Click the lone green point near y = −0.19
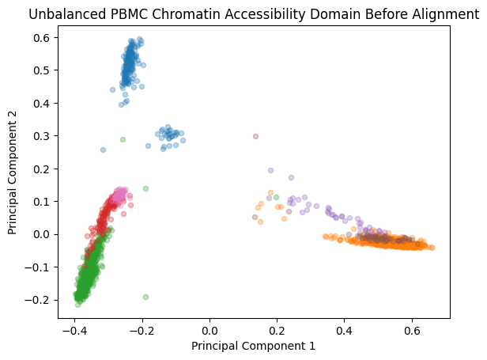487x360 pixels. point(145,297)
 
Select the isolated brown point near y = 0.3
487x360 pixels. point(255,136)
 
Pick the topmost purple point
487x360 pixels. point(270,170)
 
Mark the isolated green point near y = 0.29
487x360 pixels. point(123,139)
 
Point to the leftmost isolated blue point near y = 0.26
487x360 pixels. point(103,150)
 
